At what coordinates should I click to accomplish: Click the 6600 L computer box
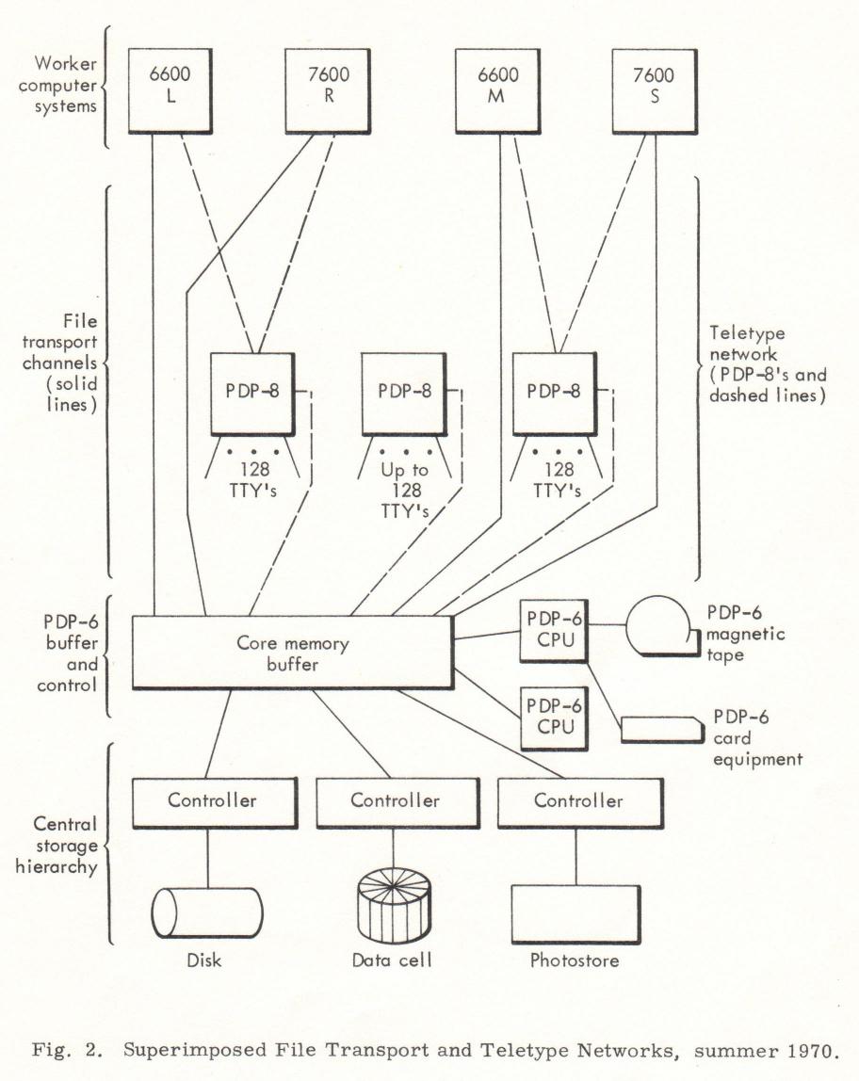tap(170, 91)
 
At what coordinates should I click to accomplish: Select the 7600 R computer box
tap(328, 91)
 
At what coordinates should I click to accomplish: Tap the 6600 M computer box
tap(497, 91)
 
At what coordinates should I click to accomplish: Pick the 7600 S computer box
tap(655, 91)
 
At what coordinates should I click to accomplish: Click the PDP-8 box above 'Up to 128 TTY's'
tap(405, 395)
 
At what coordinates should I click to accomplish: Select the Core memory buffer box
tap(292, 653)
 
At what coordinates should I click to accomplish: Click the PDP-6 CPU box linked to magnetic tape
tap(554, 630)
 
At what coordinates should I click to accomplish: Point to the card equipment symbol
tap(662, 730)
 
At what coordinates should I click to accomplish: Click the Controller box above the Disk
tap(215, 802)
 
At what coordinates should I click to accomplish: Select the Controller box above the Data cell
tap(397, 802)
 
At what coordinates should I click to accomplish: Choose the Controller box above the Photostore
tap(580, 802)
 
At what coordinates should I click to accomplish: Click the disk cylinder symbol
tap(207, 912)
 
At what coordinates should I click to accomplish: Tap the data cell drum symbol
tap(395, 905)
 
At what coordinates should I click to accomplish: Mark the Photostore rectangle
tap(575, 914)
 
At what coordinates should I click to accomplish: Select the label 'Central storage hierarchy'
tap(57, 846)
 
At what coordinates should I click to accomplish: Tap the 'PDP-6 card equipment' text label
tap(757, 737)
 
